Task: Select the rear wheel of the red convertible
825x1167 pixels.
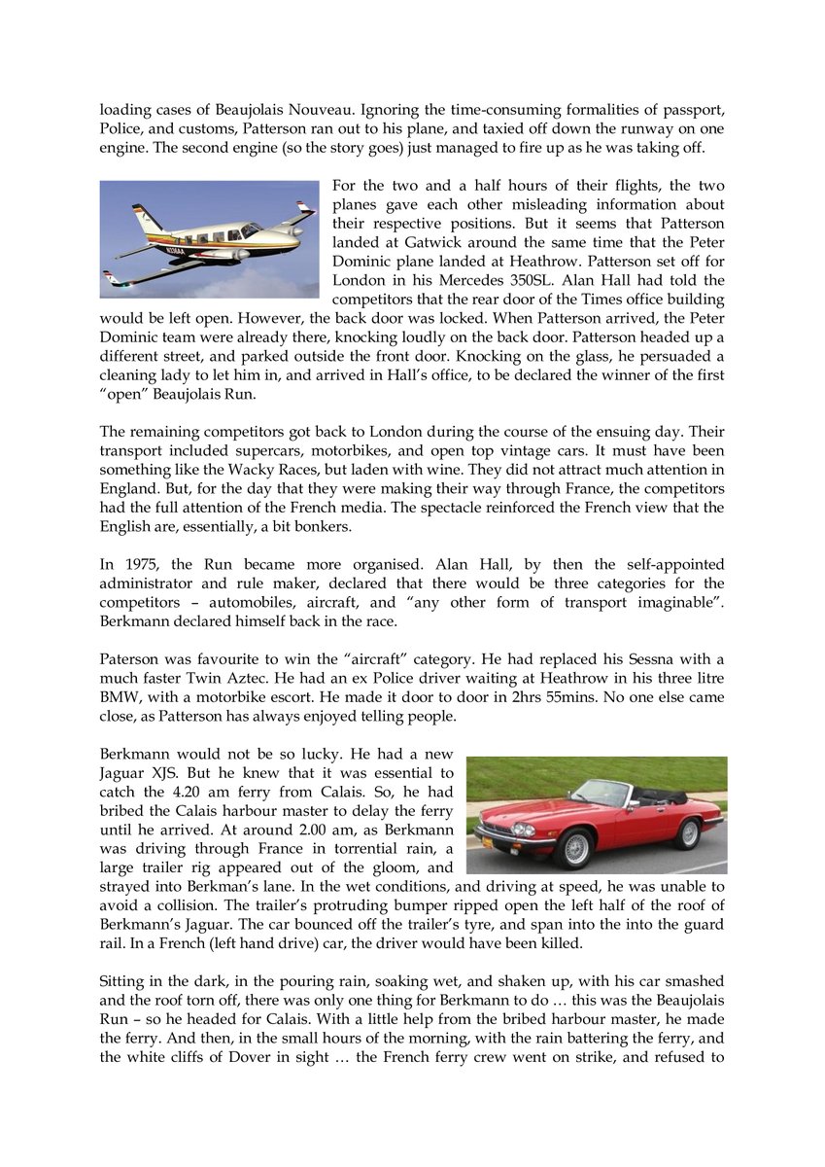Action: point(689,833)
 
